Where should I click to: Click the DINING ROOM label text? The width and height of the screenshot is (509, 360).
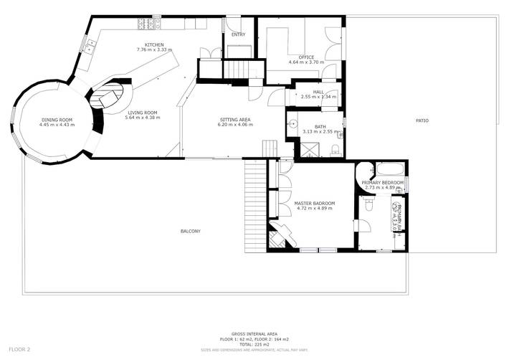57,120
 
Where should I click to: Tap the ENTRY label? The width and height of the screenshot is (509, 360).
238,34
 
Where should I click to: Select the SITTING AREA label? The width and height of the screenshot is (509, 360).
234,120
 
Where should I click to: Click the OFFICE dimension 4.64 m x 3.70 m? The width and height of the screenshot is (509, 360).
306,62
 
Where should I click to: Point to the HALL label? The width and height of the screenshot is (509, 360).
318,92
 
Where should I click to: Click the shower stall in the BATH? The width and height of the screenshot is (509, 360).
307,150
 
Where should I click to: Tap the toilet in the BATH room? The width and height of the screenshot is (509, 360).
336,149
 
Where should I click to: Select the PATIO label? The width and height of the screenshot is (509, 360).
422,120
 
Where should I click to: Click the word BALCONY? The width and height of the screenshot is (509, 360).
190,231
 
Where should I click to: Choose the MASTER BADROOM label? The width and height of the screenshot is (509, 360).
314,204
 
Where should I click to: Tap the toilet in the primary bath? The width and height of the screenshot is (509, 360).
369,204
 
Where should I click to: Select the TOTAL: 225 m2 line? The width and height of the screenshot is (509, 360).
254,344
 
